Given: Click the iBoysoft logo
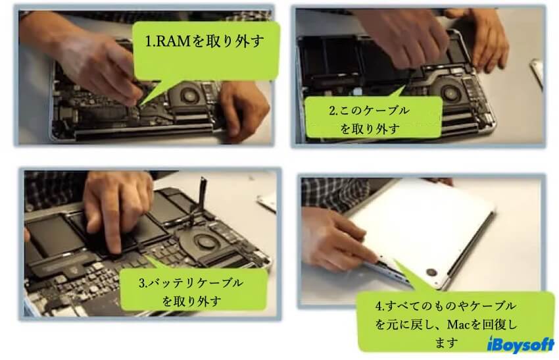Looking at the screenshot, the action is (x=520, y=345).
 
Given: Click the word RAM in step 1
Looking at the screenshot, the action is (x=173, y=41).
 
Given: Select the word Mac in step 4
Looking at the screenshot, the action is (x=459, y=324).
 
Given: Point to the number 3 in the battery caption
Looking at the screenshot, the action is (x=142, y=283).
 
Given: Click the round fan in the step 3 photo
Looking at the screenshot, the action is (x=203, y=243).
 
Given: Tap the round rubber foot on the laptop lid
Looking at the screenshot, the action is (x=431, y=272).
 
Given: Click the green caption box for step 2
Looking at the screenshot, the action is (x=374, y=117).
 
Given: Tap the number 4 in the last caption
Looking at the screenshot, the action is (x=379, y=306).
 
